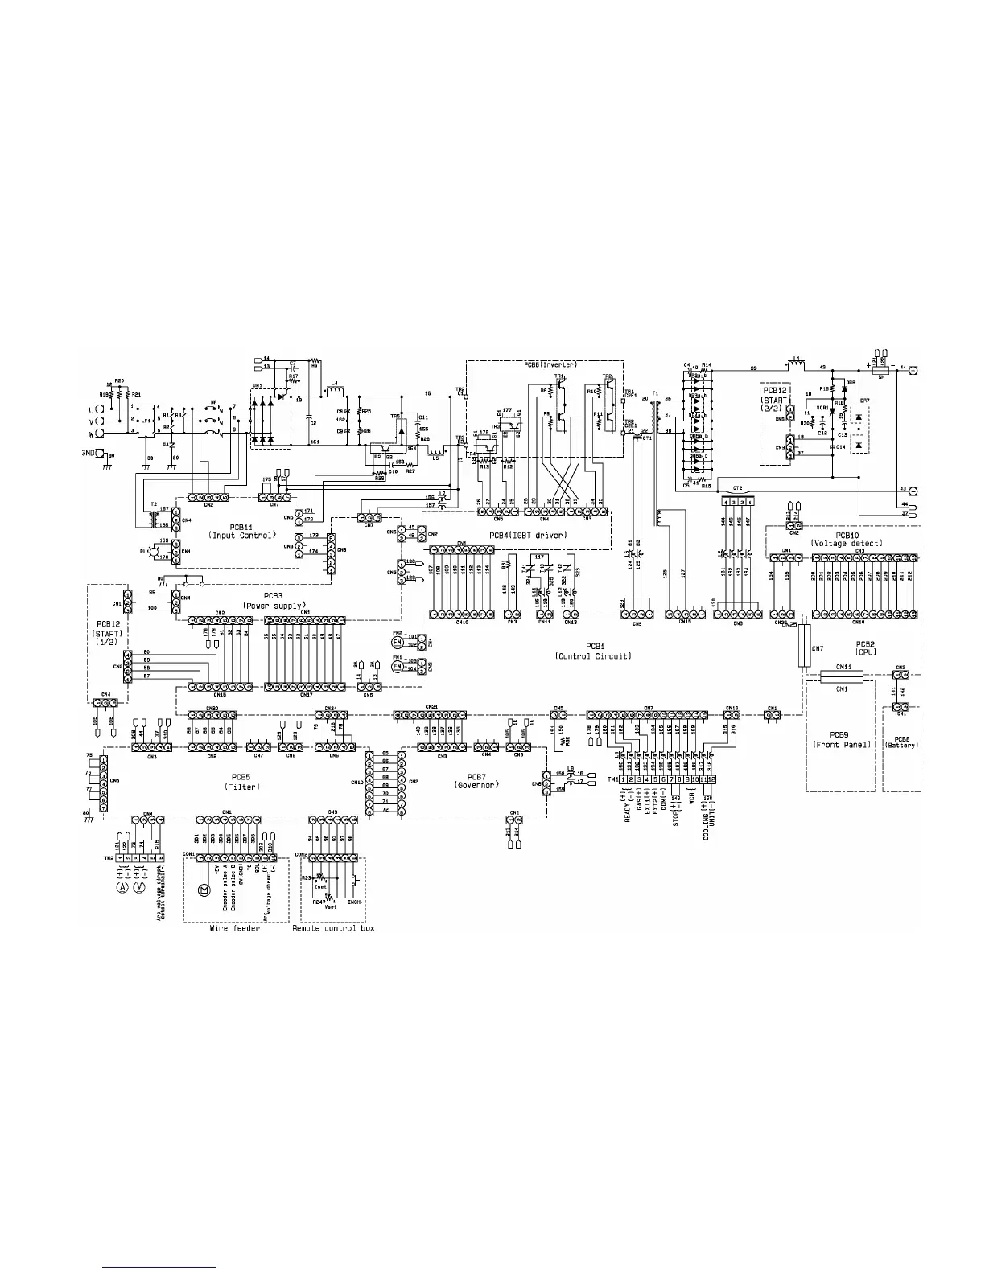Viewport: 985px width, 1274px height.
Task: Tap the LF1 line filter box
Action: pyautogui.click(x=146, y=420)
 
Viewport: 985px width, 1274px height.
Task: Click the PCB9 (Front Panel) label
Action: pyautogui.click(x=839, y=740)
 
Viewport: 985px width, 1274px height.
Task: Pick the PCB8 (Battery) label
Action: pyautogui.click(x=901, y=740)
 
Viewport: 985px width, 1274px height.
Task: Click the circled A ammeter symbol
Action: pyautogui.click(x=123, y=886)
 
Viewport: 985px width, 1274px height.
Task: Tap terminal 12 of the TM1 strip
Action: pyautogui.click(x=712, y=780)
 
